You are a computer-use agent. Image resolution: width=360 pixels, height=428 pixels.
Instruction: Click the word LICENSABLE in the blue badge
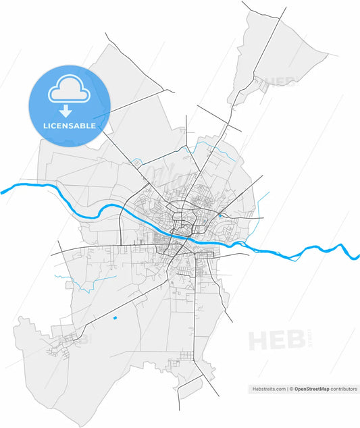(70, 126)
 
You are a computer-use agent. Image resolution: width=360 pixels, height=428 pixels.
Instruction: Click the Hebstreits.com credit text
(267, 390)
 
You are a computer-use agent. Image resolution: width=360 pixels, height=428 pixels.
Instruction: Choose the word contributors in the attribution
(344, 390)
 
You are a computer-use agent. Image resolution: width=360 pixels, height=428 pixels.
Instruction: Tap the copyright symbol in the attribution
(291, 390)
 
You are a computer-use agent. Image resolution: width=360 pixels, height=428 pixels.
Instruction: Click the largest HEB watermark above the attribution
(276, 340)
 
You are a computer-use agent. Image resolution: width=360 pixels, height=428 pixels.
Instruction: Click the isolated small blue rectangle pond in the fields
(115, 317)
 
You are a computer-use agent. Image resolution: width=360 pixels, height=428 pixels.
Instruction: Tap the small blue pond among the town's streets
(220, 217)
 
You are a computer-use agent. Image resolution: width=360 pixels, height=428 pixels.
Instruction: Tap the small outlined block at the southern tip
(190, 387)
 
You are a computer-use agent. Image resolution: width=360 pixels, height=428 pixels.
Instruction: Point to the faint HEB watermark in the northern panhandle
(281, 82)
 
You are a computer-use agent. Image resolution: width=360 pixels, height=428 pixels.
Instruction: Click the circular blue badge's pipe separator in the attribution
(287, 390)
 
